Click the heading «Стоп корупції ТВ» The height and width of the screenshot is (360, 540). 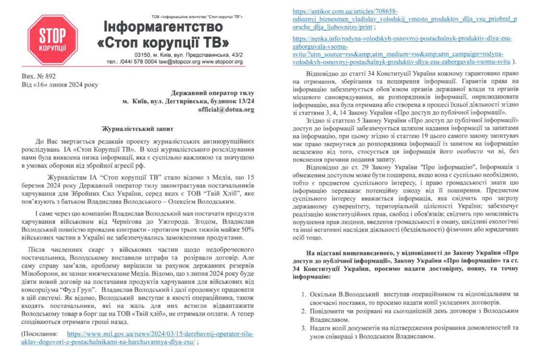163,42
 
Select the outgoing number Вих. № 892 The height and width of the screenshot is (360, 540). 38,76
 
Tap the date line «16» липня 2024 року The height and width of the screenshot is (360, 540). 60,85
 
